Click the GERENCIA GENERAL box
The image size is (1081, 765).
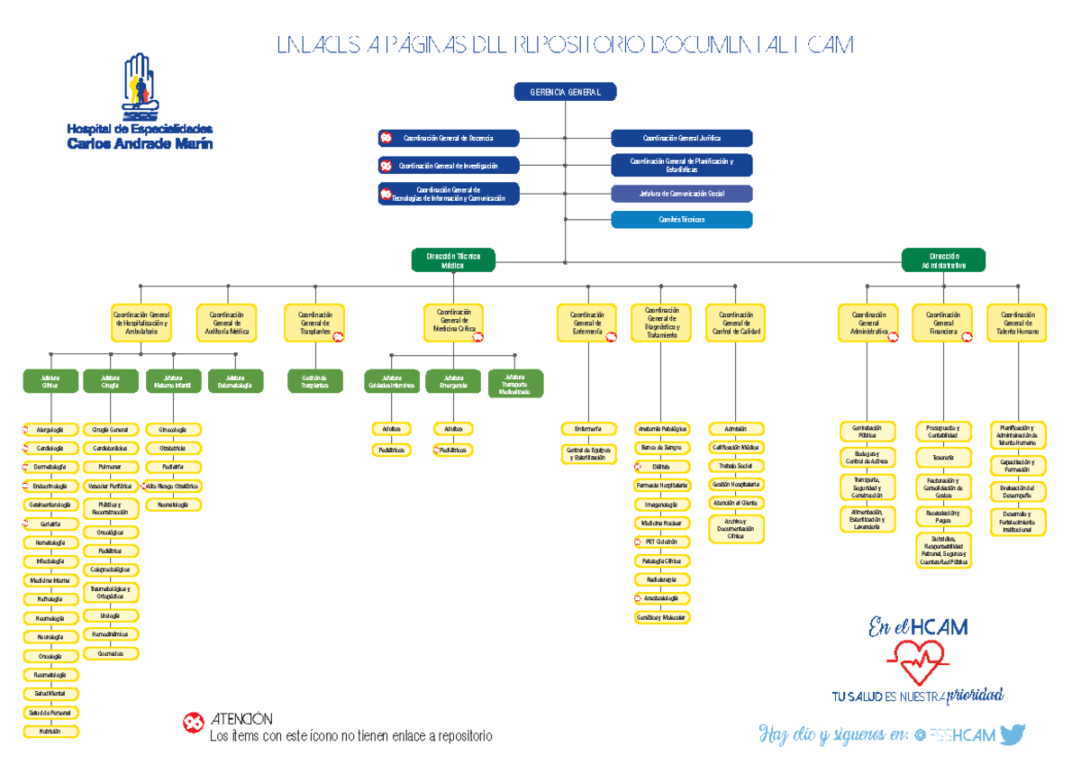[565, 91]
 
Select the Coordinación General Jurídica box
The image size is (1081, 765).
[681, 138]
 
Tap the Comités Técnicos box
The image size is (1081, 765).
[681, 220]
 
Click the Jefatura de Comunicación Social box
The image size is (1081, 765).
[681, 194]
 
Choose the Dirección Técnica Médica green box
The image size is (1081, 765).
[453, 260]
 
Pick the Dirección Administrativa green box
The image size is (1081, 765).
[943, 260]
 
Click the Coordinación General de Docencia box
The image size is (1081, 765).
[449, 138]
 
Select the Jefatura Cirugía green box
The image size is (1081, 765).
[111, 381]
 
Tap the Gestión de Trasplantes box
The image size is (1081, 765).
[315, 381]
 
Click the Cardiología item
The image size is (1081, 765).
[51, 448]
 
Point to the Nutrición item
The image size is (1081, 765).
[51, 732]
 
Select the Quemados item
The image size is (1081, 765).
[111, 653]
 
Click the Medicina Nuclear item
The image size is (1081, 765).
[662, 523]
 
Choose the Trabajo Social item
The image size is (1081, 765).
[736, 466]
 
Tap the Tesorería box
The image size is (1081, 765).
[943, 458]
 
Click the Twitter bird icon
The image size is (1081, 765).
[1013, 734]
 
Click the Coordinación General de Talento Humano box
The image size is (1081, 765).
[1017, 323]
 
